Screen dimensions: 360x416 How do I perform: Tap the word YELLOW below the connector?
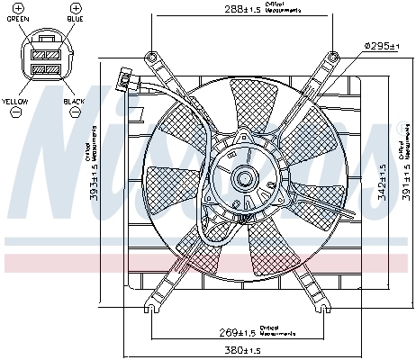[15, 102]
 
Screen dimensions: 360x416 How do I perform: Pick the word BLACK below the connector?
[74, 102]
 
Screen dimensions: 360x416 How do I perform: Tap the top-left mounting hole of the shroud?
[154, 57]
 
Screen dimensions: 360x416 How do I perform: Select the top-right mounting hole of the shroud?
[333, 57]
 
